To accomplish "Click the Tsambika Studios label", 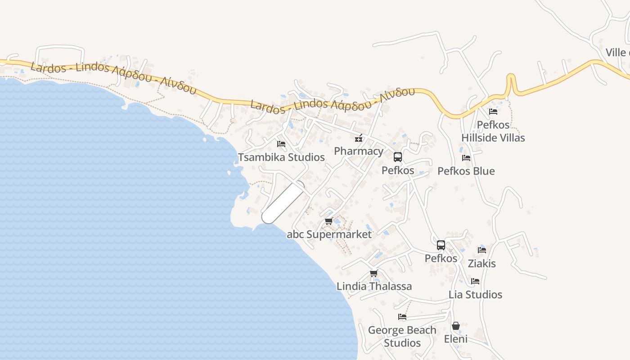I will [x=281, y=157].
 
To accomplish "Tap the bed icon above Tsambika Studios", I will [x=281, y=144].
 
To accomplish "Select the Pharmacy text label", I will [x=359, y=151].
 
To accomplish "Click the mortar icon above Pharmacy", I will [x=359, y=138].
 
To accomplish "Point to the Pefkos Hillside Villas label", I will [x=493, y=131].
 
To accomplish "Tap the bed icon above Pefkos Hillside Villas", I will [x=493, y=111].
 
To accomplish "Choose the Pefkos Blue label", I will [x=466, y=171].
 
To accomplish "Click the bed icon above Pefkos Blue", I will [x=466, y=158].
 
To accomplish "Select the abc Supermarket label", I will [x=329, y=234].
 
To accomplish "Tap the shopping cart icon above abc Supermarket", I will [x=329, y=221].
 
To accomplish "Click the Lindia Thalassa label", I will [x=374, y=286].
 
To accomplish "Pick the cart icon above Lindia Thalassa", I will [x=373, y=273].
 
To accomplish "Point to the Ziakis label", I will [x=481, y=263].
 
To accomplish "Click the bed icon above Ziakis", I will [x=482, y=250].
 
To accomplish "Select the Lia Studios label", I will [x=475, y=295].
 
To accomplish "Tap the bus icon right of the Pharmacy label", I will [x=398, y=157].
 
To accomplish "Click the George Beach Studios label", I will [x=402, y=336].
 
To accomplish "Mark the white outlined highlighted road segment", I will [x=283, y=202].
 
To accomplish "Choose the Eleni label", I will [x=456, y=339].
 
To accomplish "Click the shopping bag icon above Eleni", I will [x=456, y=326].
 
